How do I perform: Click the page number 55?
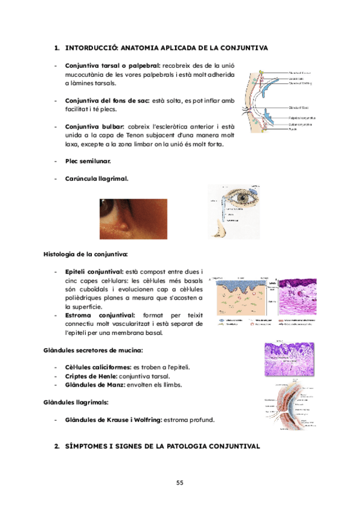[x=180, y=483]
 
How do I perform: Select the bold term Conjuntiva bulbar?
[x=94, y=127]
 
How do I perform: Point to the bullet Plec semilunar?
[x=88, y=161]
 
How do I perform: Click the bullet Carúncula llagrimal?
[x=96, y=178]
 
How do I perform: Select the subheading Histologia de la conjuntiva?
[x=85, y=254]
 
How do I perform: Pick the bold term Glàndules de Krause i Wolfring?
[x=112, y=419]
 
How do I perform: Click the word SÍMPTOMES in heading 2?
[x=91, y=447]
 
